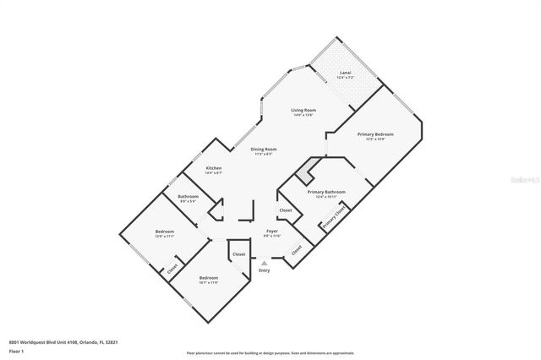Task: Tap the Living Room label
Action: [x=303, y=111]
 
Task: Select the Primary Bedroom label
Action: [x=376, y=134]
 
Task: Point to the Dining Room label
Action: [x=264, y=149]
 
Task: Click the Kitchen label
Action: [x=213, y=168]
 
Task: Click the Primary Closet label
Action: [x=332, y=218]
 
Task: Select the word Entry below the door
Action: [x=265, y=270]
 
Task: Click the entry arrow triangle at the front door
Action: [x=265, y=263]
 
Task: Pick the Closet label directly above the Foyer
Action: [x=286, y=210]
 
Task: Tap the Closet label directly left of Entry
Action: [x=239, y=254]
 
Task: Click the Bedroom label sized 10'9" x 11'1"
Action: [x=165, y=232]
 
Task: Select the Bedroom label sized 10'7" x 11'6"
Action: [x=209, y=278]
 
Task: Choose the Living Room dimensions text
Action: [x=303, y=115]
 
